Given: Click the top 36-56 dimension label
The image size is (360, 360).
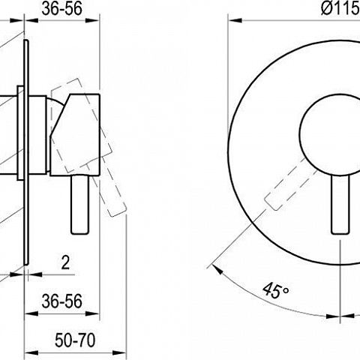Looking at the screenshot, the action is tap(61, 9).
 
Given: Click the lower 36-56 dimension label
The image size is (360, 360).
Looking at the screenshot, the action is tap(61, 301).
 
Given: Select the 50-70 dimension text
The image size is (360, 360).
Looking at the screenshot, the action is tap(75, 340).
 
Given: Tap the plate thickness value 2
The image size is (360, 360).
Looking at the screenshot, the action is tap(65, 262).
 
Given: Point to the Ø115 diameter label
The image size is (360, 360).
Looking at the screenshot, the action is tap(340, 9).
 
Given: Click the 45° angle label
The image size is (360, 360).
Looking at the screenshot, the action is tap(276, 290).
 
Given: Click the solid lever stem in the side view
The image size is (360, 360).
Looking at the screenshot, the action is tap(79, 205).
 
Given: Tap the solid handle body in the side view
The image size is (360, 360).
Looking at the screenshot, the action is tap(75, 135).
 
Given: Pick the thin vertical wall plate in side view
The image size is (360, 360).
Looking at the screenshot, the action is tap(26, 152).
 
